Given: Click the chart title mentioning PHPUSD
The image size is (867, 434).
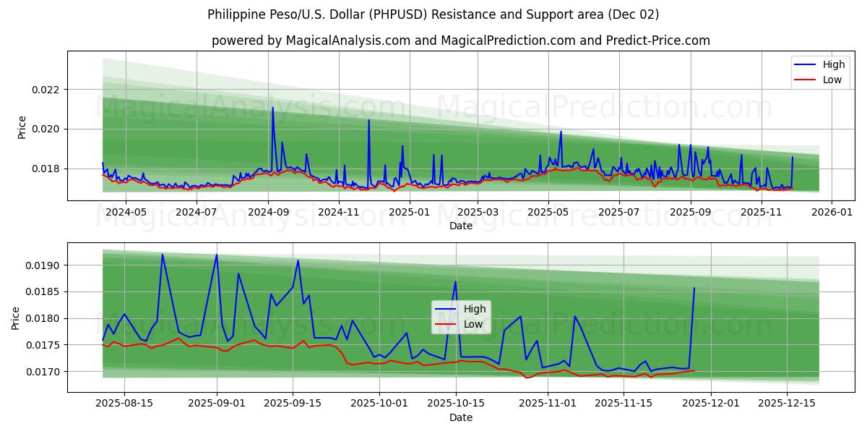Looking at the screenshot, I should [433, 14].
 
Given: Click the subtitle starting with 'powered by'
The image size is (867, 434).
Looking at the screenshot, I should [460, 41].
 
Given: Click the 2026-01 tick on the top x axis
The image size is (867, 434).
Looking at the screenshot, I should [832, 212].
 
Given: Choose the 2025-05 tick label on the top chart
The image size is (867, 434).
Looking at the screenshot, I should [548, 212].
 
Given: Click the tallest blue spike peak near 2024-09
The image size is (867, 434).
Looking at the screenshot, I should [272, 108].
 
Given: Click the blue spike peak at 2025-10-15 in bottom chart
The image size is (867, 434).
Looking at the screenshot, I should [455, 281].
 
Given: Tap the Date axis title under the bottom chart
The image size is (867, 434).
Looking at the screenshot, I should [460, 417].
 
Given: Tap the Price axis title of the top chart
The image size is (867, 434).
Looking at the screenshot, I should [22, 127].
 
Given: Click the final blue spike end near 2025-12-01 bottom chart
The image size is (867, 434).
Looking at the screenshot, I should [694, 288].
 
